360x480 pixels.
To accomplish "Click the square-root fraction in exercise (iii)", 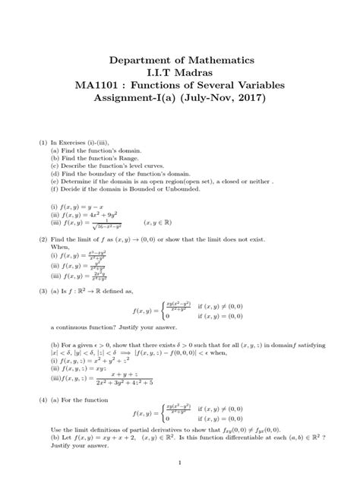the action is tap(103, 224).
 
